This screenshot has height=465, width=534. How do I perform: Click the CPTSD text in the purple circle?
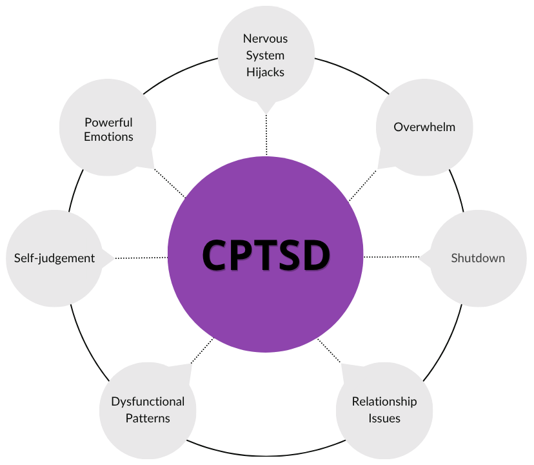[x=266, y=255]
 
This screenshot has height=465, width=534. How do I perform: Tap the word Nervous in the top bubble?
[x=265, y=39]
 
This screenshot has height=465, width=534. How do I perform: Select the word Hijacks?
[x=265, y=72]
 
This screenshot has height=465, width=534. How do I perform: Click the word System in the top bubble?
[x=265, y=56]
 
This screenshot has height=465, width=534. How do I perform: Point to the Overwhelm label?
[x=424, y=127]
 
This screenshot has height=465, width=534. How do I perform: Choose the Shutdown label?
[x=478, y=258]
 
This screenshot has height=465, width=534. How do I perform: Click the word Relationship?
[x=384, y=402]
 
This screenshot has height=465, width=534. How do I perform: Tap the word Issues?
[x=384, y=418]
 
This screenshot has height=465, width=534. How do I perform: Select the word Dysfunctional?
[x=148, y=402]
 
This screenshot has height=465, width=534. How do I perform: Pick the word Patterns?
[x=148, y=418]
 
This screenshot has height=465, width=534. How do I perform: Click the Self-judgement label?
[x=54, y=258]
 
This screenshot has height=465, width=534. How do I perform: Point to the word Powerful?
[x=108, y=122]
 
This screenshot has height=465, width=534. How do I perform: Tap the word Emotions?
[x=108, y=136]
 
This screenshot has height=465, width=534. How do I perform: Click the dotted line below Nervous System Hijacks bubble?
[x=266, y=135]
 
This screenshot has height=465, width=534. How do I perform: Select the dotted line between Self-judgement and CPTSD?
[x=141, y=258]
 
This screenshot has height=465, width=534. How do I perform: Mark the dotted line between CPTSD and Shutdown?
[x=391, y=256]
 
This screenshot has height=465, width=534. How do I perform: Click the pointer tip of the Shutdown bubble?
[x=419, y=258]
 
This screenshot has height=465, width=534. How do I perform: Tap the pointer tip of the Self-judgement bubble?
[x=115, y=258]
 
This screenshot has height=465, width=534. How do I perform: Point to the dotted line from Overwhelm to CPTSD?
[x=363, y=185]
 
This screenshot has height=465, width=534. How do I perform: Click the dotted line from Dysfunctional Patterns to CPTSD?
[x=203, y=351]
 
